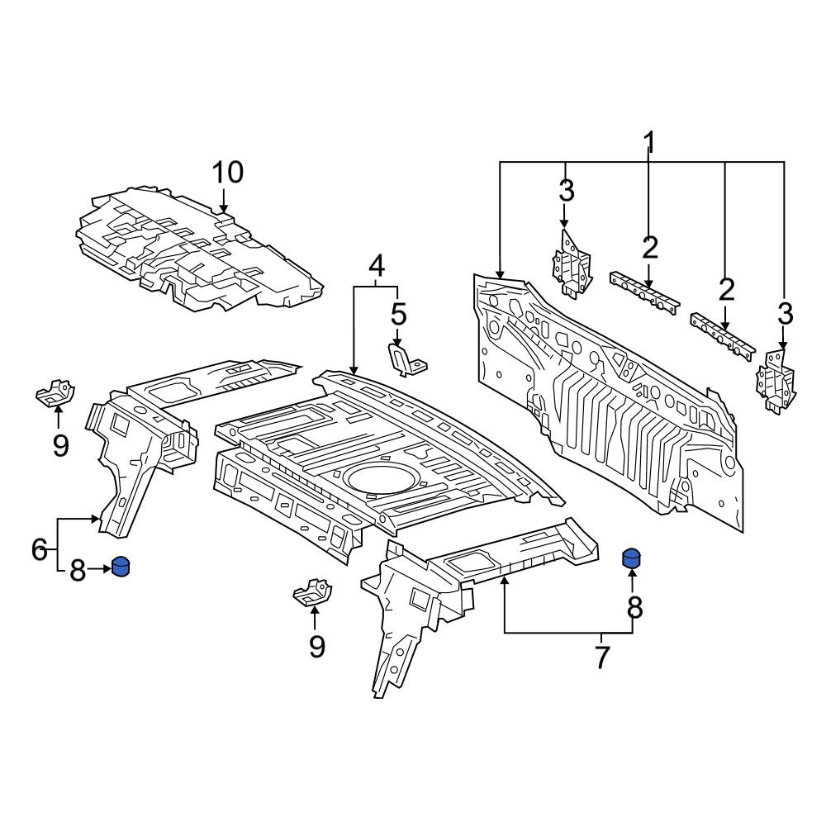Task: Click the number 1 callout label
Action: (649, 143)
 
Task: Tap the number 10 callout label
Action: (228, 173)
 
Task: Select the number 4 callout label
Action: (376, 266)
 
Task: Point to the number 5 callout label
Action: (399, 315)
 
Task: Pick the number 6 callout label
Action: (40, 550)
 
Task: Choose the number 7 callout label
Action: (601, 657)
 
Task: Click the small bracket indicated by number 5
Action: (407, 359)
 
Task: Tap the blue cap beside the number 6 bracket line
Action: (121, 567)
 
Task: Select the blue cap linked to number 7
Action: (632, 558)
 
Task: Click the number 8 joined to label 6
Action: (78, 570)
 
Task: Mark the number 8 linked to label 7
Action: (634, 608)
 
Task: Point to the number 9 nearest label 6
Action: (60, 446)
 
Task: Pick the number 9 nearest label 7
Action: (316, 647)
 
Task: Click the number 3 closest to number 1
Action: (567, 191)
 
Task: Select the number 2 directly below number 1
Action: (650, 248)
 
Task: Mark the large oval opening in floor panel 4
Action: (378, 478)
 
